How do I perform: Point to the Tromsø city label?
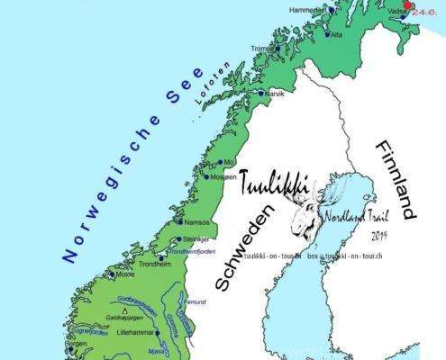[x=262, y=49]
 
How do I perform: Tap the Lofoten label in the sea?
[x=211, y=86]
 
